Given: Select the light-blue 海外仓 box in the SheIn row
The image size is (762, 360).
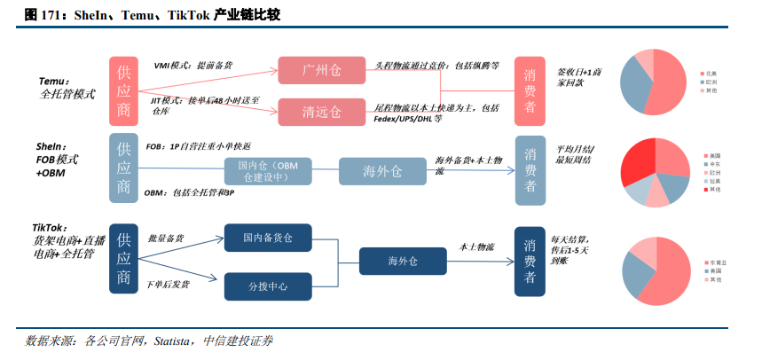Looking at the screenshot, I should (x=384, y=171).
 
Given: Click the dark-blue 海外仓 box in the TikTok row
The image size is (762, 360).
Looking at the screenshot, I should (x=397, y=261).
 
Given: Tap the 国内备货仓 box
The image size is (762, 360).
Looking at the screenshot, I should (x=268, y=238).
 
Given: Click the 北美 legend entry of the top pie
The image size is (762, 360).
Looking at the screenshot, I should (x=711, y=74).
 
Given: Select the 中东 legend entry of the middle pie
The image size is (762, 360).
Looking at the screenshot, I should (x=712, y=164).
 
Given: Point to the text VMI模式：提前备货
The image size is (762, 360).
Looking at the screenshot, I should (x=193, y=65).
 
